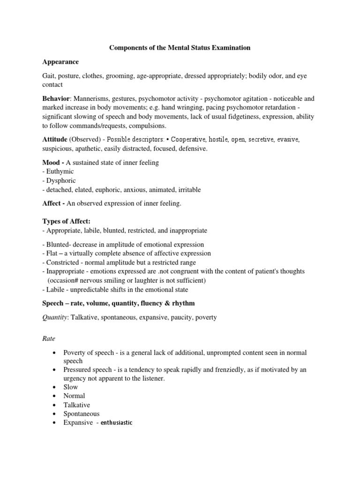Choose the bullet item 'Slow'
71,387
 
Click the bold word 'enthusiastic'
117,423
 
